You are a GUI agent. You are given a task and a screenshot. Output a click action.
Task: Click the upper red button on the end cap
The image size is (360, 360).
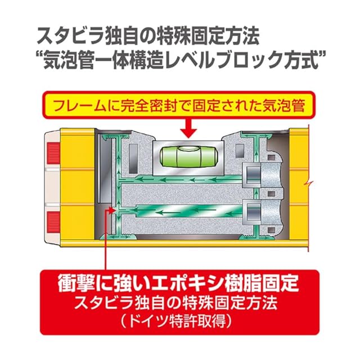coord(54,150)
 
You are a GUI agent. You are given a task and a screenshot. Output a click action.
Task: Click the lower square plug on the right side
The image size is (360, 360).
coord(253,212)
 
